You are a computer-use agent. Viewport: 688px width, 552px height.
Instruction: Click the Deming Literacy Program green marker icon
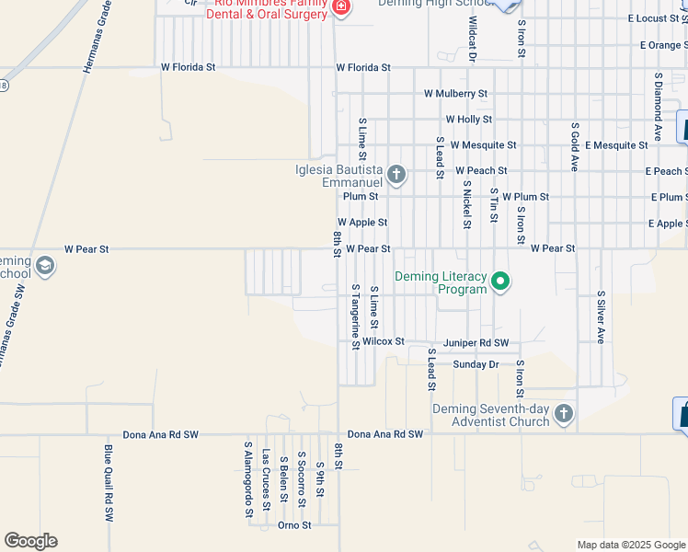click(500, 282)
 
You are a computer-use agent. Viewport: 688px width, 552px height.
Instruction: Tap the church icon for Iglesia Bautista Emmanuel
click(396, 175)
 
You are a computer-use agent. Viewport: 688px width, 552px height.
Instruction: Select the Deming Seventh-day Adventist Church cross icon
click(563, 415)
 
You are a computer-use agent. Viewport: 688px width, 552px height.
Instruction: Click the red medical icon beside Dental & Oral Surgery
click(341, 8)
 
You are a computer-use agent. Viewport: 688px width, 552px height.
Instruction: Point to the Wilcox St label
click(384, 341)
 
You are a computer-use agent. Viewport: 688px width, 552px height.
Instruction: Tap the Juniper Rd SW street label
click(476, 342)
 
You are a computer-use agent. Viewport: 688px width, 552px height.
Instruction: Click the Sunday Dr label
click(476, 364)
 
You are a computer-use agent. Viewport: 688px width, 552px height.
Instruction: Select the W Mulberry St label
click(455, 94)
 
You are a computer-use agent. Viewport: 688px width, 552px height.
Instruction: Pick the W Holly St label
click(469, 120)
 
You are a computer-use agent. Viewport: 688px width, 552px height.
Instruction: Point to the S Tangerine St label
click(355, 316)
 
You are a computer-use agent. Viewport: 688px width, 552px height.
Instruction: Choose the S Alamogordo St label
click(247, 480)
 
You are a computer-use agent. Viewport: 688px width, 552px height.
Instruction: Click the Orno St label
click(294, 525)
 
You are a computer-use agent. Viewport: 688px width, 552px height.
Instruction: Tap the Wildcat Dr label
click(473, 39)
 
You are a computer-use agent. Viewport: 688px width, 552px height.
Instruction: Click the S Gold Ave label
click(574, 146)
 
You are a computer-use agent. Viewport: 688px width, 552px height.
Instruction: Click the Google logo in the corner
click(30, 541)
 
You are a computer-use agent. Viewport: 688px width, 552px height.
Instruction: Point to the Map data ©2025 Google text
click(631, 545)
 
